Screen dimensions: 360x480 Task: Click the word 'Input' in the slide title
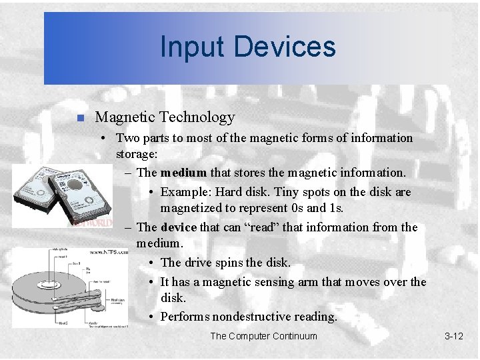[188, 47]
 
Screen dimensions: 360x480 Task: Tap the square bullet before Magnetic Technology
[79, 119]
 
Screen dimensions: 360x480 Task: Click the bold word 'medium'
[183, 173]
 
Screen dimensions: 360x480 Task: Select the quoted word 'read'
[247, 227]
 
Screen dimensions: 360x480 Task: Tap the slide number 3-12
[453, 336]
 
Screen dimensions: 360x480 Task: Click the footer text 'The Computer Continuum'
[263, 336]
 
